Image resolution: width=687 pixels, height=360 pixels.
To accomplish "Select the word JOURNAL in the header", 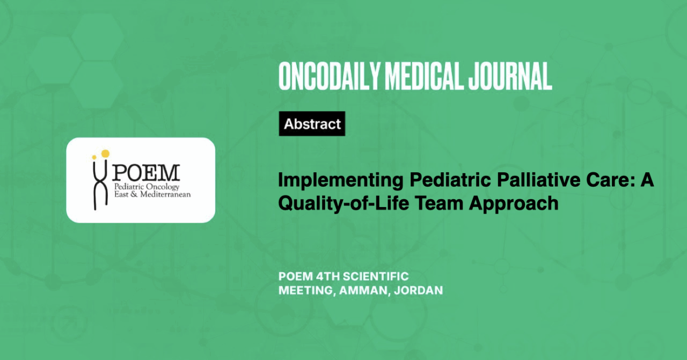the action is point(510,76).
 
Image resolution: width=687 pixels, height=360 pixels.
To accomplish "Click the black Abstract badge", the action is point(312,123).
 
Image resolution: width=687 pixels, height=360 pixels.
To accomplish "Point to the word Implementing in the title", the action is point(340,181).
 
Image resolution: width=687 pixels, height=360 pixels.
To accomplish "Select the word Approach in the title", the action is point(514,204).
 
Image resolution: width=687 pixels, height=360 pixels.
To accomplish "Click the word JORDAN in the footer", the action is point(418,290).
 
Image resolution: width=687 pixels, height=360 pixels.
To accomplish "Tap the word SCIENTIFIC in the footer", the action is point(376,276).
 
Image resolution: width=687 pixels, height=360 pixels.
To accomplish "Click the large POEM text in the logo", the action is point(145,173).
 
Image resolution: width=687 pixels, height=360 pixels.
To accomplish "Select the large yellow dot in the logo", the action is point(105,153).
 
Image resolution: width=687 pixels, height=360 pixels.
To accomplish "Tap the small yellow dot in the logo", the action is point(94,157).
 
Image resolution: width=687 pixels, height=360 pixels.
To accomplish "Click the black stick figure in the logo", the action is point(100,185).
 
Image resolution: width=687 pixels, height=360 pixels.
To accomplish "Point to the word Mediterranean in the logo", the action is point(165,194).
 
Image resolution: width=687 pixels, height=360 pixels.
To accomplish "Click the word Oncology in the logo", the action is point(163,187).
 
